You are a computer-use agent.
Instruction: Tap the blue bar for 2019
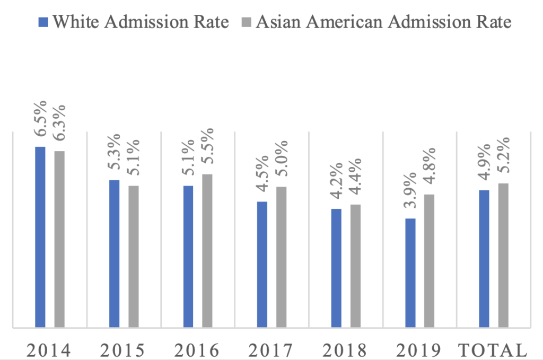(410, 273)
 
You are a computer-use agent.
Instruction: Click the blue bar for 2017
(262, 265)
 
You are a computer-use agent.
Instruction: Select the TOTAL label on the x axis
(493, 350)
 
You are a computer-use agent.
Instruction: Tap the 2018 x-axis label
(345, 350)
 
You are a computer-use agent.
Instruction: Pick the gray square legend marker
(246, 22)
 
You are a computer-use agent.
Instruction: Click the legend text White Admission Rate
(141, 22)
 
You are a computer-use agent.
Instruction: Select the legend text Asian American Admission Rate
(383, 22)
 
